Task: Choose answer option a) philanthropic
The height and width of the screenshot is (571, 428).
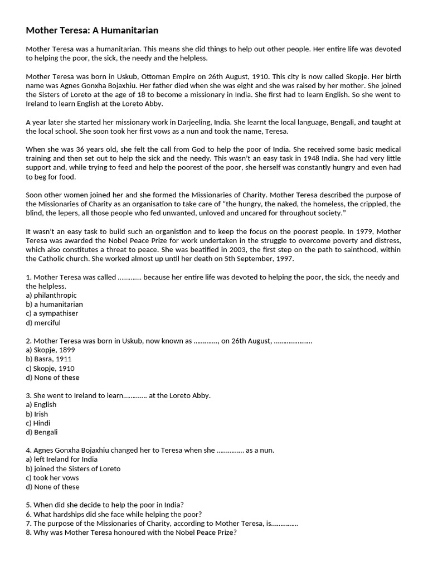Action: coord(51,295)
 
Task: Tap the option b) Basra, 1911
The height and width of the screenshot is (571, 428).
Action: coord(49,359)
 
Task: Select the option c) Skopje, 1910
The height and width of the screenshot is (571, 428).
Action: coord(50,368)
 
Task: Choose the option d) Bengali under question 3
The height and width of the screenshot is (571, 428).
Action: coord(42,432)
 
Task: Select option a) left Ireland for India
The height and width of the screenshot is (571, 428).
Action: coord(66,459)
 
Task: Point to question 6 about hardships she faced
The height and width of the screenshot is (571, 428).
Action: coord(114,514)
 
